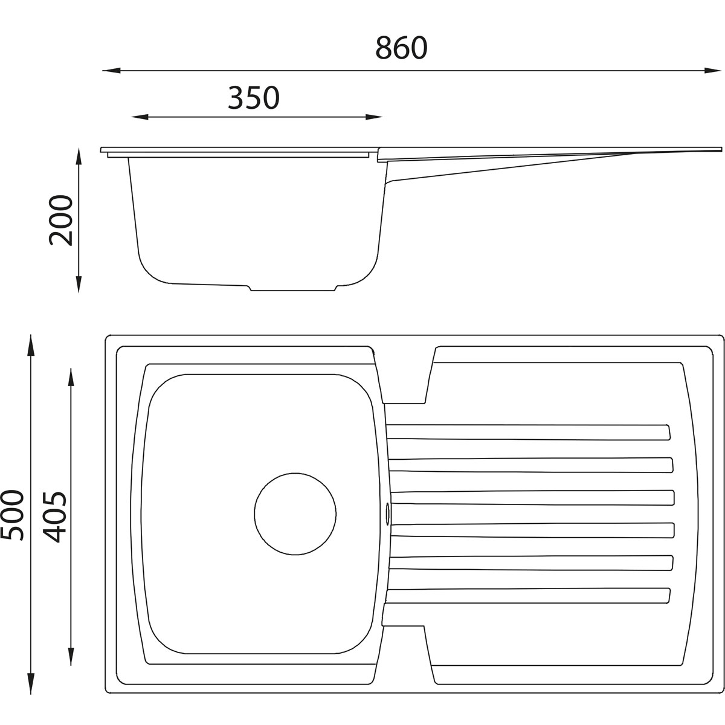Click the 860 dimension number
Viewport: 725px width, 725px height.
(x=401, y=48)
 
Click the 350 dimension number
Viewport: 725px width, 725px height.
(x=254, y=98)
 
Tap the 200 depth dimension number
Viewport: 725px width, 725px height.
(x=60, y=220)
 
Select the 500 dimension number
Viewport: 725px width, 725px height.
(x=12, y=515)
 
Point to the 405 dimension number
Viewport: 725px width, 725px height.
(x=54, y=517)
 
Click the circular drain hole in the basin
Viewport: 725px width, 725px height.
(x=295, y=514)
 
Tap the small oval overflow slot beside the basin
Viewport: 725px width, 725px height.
(x=387, y=514)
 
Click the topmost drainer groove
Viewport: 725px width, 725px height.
(x=528, y=432)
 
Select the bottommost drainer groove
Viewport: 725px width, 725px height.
(x=527, y=596)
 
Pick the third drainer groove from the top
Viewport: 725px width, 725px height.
(x=532, y=497)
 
